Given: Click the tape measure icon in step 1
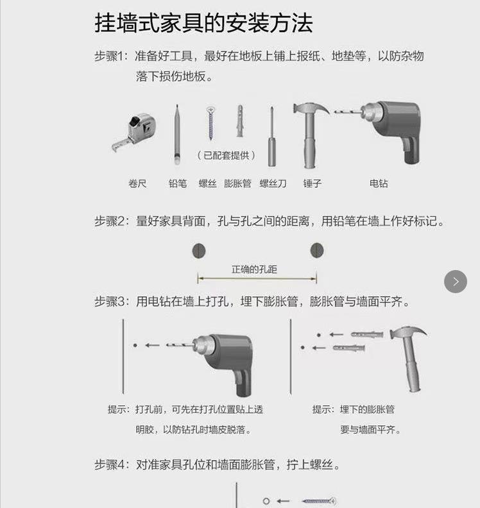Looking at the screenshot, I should point(135,131).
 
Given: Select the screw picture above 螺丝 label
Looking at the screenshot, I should point(210,123).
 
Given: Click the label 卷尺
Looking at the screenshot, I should point(137,183).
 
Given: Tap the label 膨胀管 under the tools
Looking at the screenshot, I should point(237,183).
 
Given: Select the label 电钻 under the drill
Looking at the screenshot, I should point(379,183).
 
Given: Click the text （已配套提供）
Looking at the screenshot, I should point(226,155).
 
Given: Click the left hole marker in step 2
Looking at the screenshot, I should point(199,250).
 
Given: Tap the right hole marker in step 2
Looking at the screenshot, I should point(316,250).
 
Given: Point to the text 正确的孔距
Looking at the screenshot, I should point(255,269).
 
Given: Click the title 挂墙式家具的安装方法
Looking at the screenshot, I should point(203,23).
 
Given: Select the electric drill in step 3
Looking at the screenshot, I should point(221,359).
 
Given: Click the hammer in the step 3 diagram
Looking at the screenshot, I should point(408,356).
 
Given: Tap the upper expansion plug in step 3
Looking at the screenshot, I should point(367,334).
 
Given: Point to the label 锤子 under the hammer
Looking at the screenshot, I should point(313,183).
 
